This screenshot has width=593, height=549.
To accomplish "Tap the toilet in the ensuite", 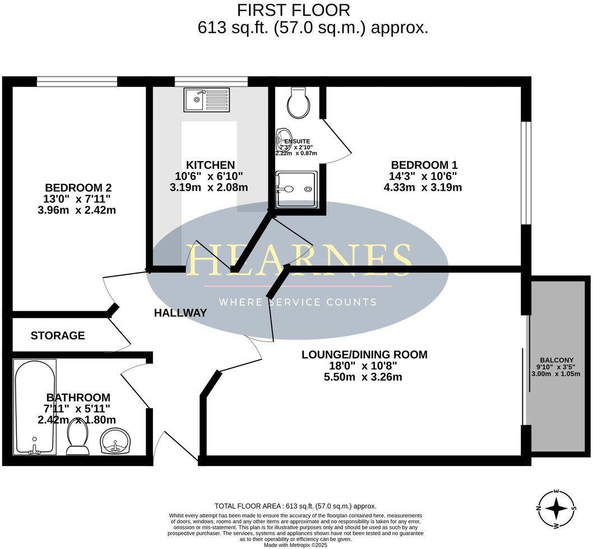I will pos(297,104).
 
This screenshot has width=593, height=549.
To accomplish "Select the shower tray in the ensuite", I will pos(297,190).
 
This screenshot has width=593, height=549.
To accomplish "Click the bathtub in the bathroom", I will pos(35,407).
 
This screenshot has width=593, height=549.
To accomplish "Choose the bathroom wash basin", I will pos(116,441).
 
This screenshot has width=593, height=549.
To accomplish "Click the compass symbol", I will pos(556,509).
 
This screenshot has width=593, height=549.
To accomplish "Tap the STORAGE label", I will pos(58,336).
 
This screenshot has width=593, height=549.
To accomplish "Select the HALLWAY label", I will pos(180,313).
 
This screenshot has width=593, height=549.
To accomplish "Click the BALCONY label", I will pos(557,360).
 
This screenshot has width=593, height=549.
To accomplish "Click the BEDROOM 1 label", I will pos(424,165).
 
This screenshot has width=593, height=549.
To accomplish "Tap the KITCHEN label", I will pos(210,165).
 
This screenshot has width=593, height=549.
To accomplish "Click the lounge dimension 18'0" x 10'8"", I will pos(364,366).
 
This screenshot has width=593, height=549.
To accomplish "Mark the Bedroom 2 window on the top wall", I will pos(77,82).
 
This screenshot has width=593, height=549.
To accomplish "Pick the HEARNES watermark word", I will pos(300,260).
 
